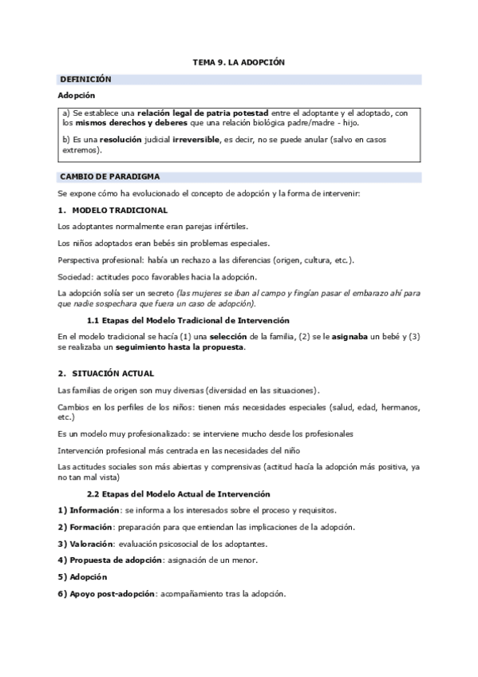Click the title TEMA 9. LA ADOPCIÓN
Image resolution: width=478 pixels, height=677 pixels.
tap(239, 61)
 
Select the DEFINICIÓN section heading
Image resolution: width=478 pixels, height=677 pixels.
tap(85, 79)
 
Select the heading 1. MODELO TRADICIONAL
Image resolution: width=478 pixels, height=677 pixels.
tap(113, 210)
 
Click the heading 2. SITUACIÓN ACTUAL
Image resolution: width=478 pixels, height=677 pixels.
tap(106, 373)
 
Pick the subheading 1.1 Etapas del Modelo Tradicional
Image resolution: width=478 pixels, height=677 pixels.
tap(176, 319)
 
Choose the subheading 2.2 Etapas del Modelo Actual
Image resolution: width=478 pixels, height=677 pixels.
tap(178, 494)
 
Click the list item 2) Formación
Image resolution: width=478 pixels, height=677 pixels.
tap(84, 527)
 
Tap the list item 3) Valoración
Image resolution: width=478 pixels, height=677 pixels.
tap(85, 544)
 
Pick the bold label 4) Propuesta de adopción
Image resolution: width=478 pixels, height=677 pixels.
tap(110, 560)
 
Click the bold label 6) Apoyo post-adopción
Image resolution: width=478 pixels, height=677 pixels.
tap(107, 594)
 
